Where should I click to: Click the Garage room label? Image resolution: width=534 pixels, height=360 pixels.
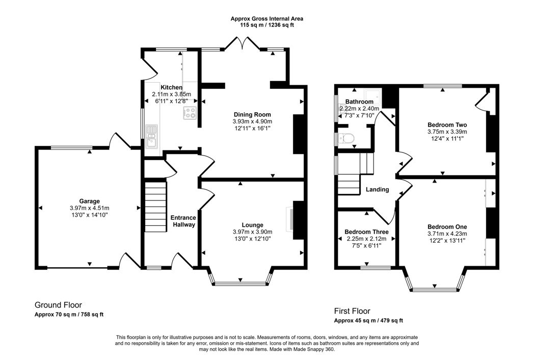click(x=89, y=201)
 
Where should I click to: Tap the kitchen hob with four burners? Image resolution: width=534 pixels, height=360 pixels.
click(x=190, y=113)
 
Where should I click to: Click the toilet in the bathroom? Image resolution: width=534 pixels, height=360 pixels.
click(x=348, y=138)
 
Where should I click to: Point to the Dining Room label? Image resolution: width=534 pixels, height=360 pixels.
click(x=252, y=114)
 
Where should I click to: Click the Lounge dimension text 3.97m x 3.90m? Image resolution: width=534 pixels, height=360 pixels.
click(x=252, y=232)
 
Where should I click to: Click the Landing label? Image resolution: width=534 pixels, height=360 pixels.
click(x=377, y=190)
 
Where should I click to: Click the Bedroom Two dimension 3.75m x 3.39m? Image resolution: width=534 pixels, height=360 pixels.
click(x=447, y=132)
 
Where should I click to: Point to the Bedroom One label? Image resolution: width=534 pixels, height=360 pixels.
click(x=447, y=227)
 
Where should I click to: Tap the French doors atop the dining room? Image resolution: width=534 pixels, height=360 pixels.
click(x=243, y=43)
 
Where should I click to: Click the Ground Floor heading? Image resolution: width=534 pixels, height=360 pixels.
click(x=58, y=305)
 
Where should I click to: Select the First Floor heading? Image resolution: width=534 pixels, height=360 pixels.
click(x=352, y=311)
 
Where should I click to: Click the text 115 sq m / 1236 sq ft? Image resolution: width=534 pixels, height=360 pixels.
click(x=267, y=24)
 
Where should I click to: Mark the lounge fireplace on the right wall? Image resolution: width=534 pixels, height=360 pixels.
click(x=298, y=220)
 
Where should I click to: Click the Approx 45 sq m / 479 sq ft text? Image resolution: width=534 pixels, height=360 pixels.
click(x=368, y=321)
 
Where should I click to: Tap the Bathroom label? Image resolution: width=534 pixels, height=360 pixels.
click(x=359, y=101)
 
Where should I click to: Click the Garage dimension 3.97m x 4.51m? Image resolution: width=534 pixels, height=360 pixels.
click(x=89, y=208)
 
